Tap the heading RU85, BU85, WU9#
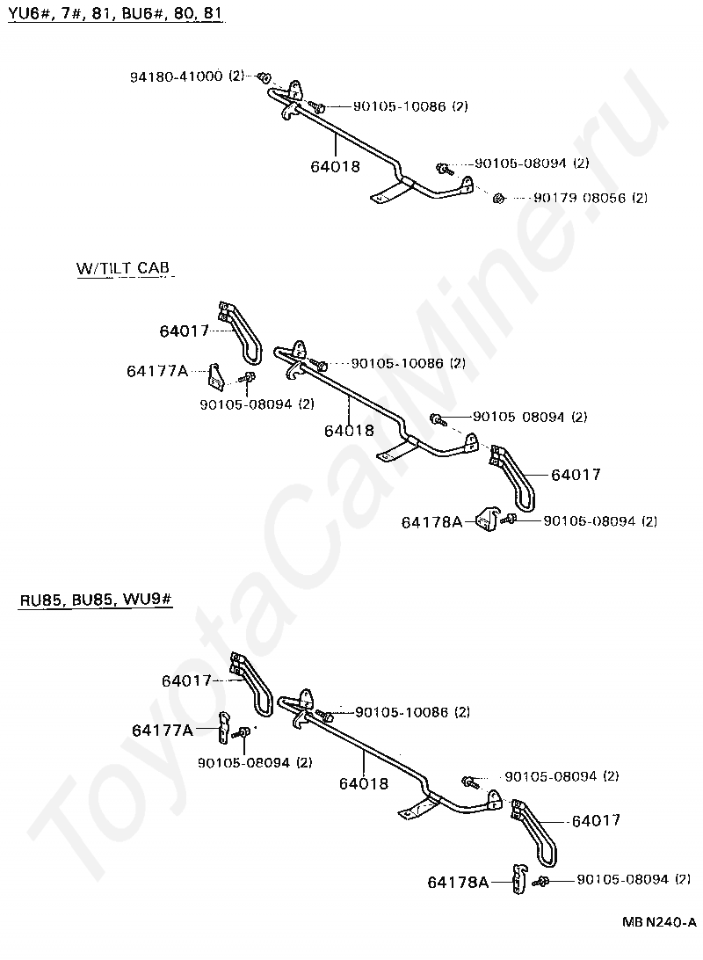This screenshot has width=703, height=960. [95, 600]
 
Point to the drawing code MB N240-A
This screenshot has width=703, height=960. [659, 921]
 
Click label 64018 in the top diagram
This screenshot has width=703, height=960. [336, 165]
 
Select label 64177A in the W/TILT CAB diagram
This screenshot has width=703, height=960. [157, 371]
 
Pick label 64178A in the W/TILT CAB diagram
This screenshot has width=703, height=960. [431, 521]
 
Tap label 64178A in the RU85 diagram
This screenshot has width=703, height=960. [458, 881]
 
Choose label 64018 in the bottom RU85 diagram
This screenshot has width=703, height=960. [363, 782]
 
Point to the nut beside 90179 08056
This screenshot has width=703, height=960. [498, 197]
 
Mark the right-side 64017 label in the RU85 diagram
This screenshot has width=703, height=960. [596, 820]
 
